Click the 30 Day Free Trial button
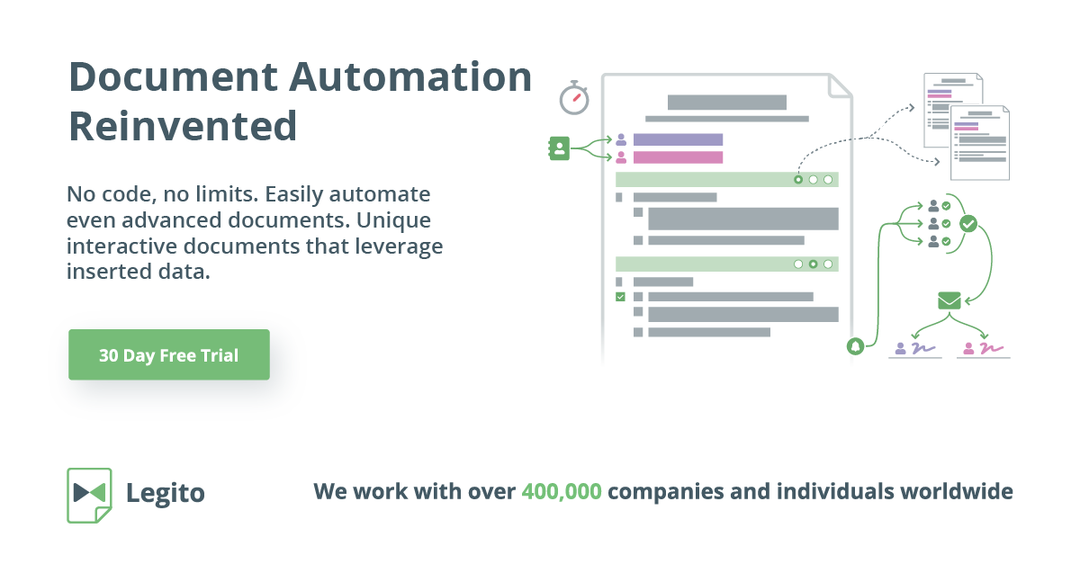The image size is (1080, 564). point(168,355)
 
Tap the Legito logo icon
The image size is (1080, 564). point(89,494)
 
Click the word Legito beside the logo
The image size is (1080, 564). point(166,493)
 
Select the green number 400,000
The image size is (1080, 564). point(562,492)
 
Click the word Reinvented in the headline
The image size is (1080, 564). point(183,125)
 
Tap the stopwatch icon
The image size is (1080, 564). point(573,97)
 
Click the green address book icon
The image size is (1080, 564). point(559,148)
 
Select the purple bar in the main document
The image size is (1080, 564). point(678,139)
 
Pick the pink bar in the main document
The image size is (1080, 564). point(678,157)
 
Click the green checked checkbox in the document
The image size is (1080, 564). point(619,296)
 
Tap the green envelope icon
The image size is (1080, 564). point(949,300)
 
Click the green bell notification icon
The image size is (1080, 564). point(855,345)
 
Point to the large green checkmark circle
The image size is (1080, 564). point(968,223)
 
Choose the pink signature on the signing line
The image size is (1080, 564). point(990,347)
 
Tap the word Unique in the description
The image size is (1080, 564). point(397,219)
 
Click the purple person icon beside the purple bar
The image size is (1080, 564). point(621,139)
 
